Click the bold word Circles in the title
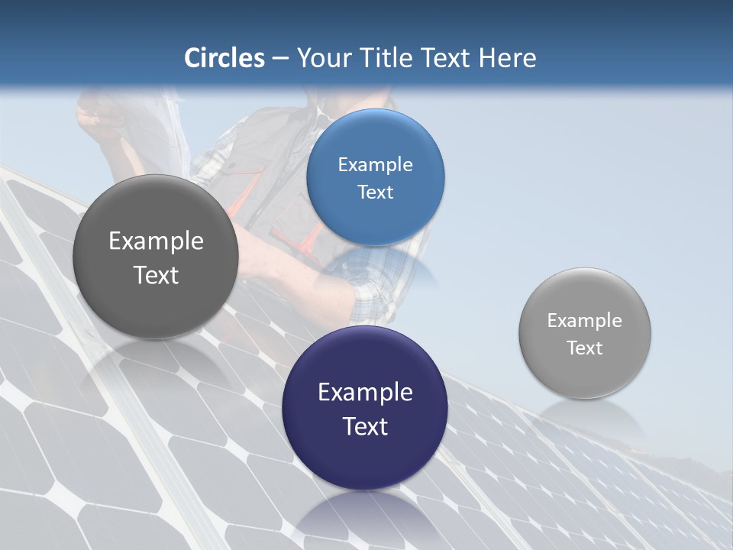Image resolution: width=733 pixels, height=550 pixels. (x=224, y=58)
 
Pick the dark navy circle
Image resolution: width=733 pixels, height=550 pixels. (x=365, y=458)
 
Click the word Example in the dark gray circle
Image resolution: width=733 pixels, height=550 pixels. (x=156, y=241)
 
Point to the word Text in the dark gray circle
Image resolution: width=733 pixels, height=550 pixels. (x=156, y=275)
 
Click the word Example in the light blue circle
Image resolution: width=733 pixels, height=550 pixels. (x=375, y=165)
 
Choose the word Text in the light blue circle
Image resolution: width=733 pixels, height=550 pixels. (x=375, y=192)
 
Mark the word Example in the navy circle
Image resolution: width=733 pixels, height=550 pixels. (x=365, y=393)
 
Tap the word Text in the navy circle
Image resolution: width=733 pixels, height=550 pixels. (x=365, y=426)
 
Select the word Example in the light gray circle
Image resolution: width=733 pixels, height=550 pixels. (x=585, y=321)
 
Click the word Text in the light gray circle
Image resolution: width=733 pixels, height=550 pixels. (x=585, y=348)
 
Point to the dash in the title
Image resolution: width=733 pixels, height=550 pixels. (x=280, y=59)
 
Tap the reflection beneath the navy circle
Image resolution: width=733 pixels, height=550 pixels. (x=365, y=519)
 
